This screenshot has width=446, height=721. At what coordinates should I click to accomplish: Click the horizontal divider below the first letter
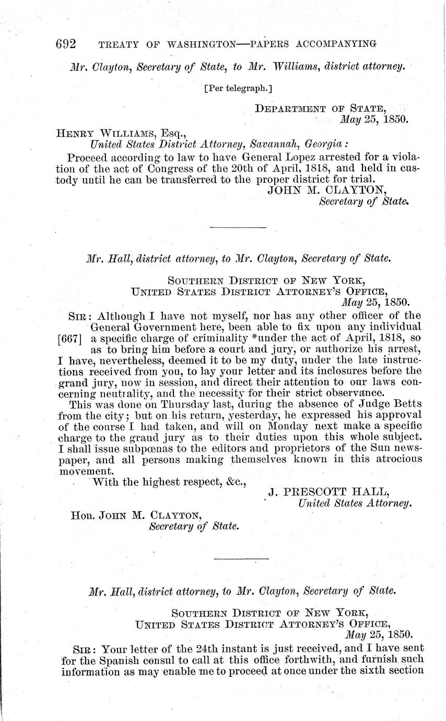(238, 227)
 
